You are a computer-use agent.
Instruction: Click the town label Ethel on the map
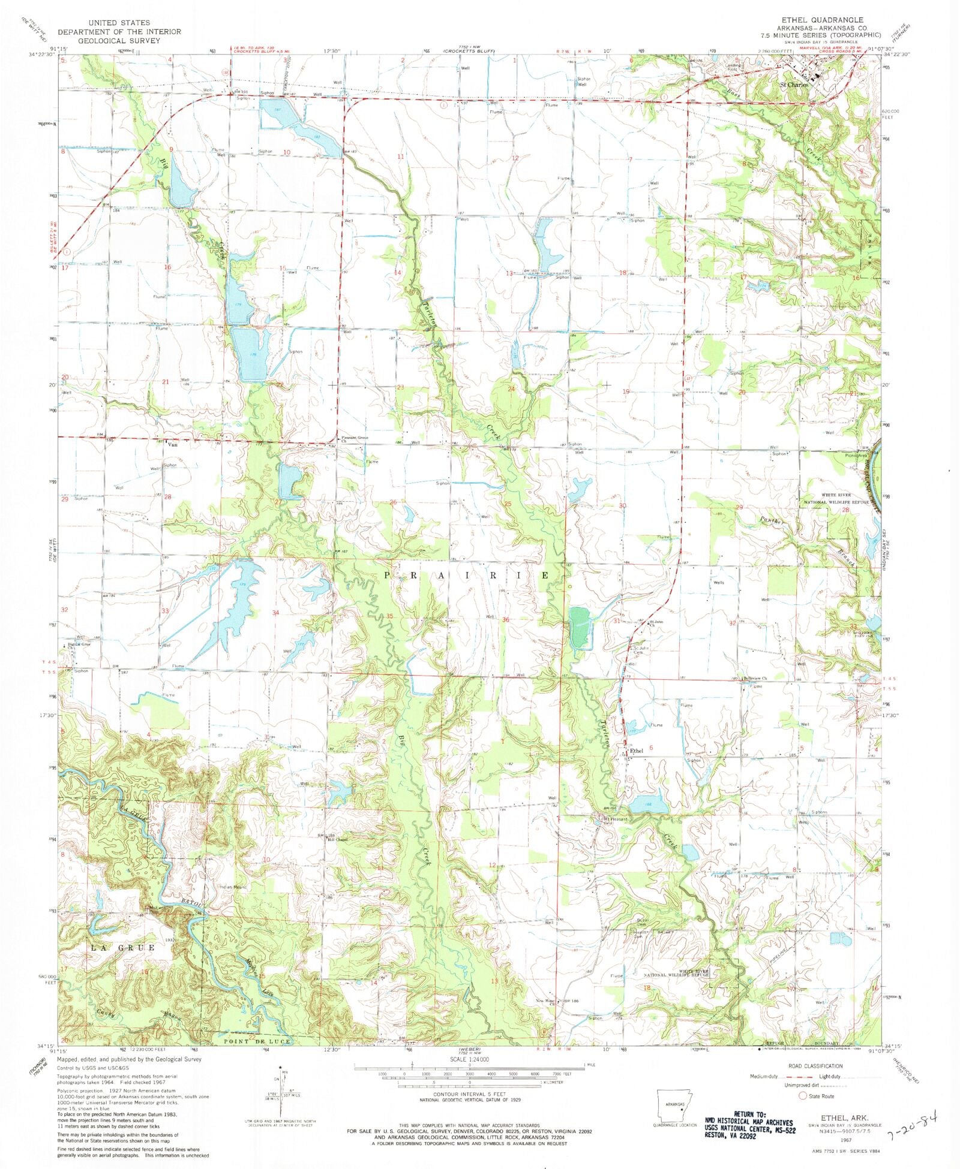[637, 751]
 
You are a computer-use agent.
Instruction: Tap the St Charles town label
[793, 85]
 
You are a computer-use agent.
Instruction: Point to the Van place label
[175, 445]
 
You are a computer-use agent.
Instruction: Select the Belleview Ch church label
[755, 678]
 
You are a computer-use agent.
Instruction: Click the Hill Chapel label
[337, 839]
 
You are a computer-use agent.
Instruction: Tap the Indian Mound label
[233, 887]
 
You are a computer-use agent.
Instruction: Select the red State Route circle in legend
[802, 1096]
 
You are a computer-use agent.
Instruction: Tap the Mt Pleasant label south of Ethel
[615, 819]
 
